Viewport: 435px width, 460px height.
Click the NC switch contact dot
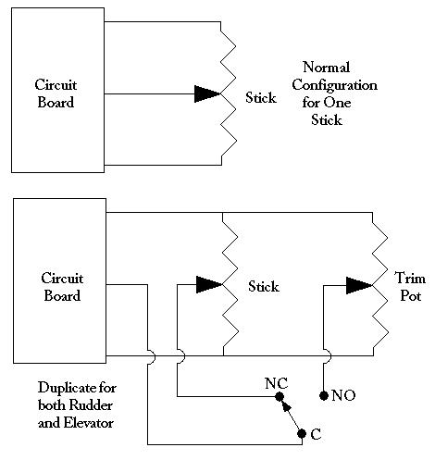(280, 396)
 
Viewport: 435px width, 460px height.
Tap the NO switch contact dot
(324, 395)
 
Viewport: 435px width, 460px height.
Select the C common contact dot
(302, 434)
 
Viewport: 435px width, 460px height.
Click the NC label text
(277, 383)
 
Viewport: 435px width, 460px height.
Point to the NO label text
(343, 395)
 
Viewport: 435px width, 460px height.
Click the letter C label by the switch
(316, 434)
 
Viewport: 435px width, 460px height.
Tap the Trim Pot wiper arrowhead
(359, 285)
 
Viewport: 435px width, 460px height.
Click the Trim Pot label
(410, 287)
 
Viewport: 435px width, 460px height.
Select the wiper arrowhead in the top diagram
(207, 93)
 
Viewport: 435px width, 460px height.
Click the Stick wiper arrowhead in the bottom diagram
(209, 284)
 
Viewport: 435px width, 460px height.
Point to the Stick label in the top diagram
(261, 97)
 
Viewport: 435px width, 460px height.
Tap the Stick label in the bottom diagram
(264, 286)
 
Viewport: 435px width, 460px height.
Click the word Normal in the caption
(327, 68)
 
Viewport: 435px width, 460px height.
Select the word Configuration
(335, 85)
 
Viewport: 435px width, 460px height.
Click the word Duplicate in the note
(65, 388)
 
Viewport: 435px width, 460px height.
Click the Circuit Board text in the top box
(56, 93)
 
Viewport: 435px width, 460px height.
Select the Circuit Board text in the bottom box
(62, 287)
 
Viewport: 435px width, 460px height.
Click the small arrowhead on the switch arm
(287, 406)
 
